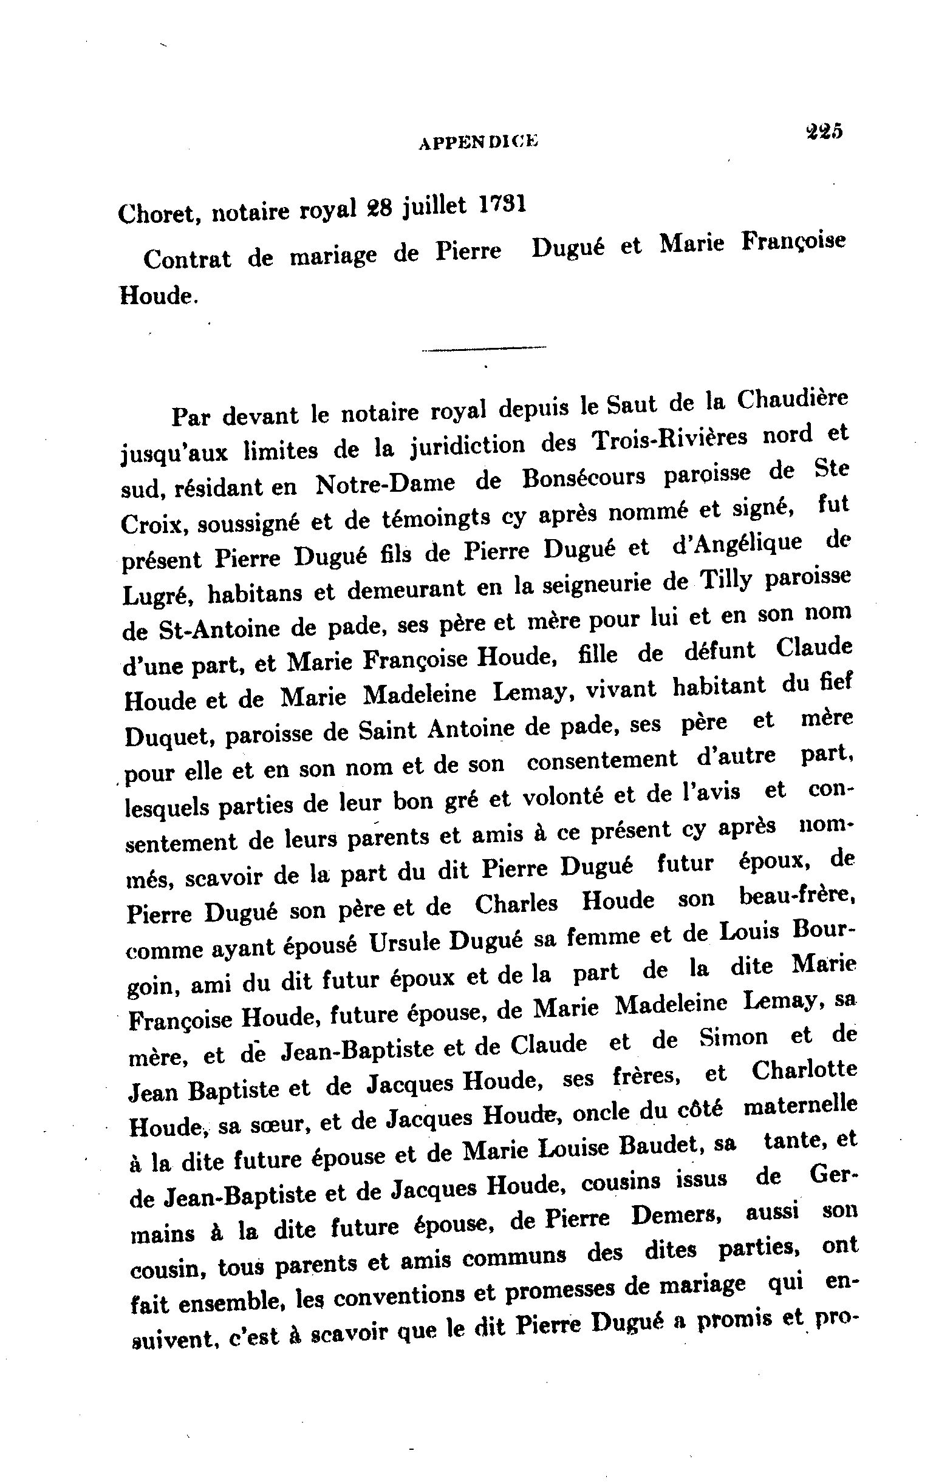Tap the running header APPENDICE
tap(478, 143)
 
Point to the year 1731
tap(502, 204)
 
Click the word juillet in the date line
tap(434, 207)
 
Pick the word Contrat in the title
tap(187, 259)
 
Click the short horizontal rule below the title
tap(484, 349)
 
